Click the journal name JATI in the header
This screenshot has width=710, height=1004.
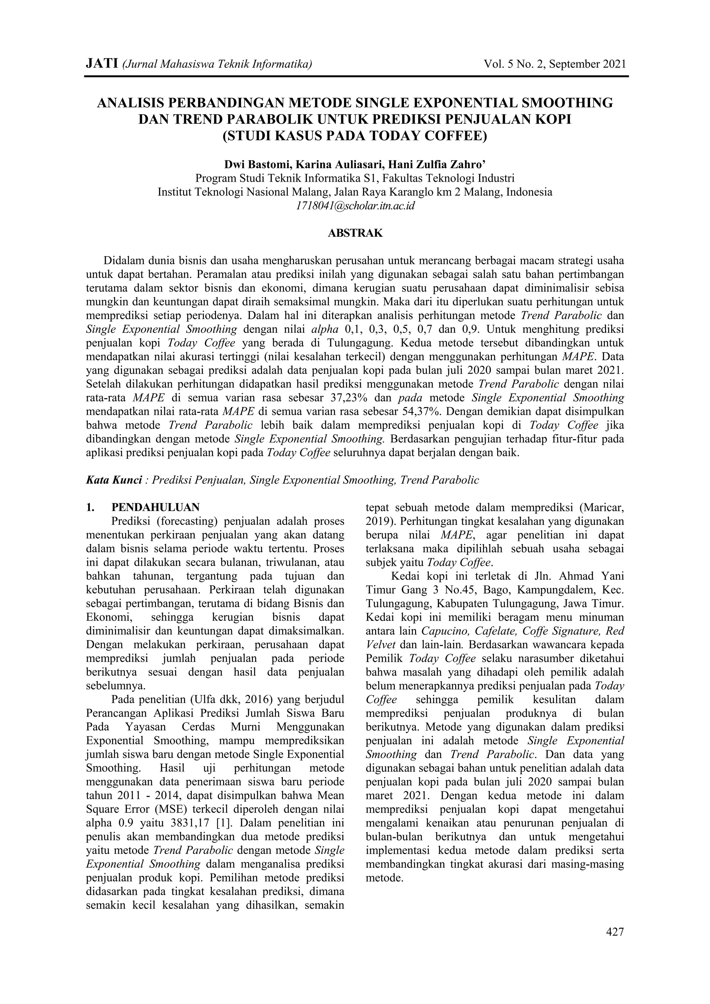102,64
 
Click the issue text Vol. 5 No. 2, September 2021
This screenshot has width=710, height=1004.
555,64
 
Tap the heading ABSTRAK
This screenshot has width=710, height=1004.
355,233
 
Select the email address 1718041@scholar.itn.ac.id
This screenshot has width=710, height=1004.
355,206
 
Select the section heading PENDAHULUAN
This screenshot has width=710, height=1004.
156,507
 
